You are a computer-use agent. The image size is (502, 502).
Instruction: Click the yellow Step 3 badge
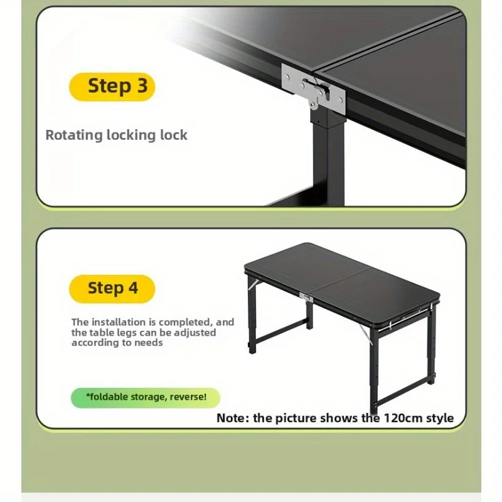click(112, 87)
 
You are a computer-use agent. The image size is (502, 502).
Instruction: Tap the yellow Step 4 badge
click(112, 289)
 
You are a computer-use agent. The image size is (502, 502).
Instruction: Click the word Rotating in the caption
click(73, 136)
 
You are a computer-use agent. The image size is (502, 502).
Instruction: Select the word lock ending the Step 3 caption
click(174, 135)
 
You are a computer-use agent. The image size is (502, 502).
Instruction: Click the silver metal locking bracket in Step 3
click(314, 89)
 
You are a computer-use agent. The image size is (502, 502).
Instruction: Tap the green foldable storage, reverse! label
click(146, 397)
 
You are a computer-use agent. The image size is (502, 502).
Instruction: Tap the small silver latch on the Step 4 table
click(306, 297)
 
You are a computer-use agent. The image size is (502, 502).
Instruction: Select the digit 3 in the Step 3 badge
click(142, 86)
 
